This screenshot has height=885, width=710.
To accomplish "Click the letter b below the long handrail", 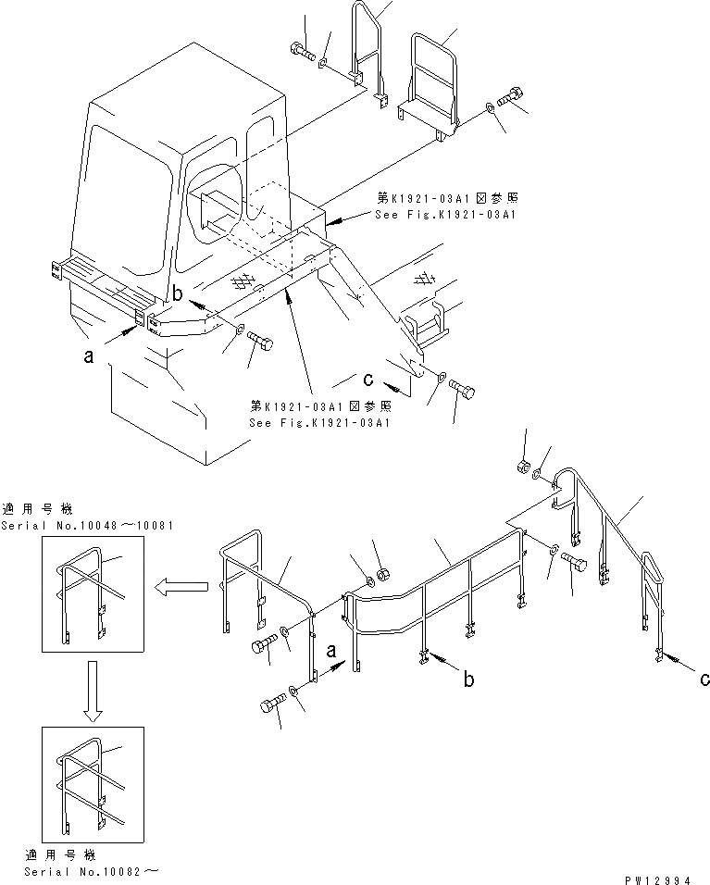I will click(470, 680).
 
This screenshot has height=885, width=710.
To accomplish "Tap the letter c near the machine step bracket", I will click(367, 379).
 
